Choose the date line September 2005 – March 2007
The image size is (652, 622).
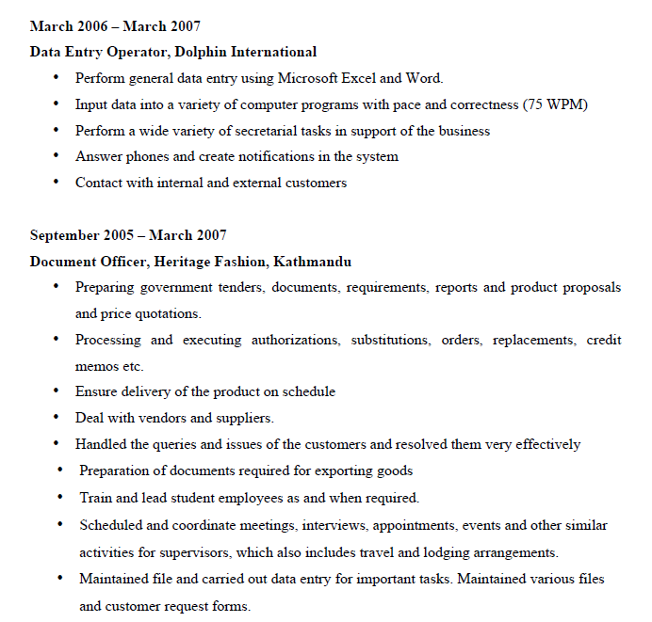click(128, 235)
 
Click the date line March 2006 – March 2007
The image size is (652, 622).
click(115, 26)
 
